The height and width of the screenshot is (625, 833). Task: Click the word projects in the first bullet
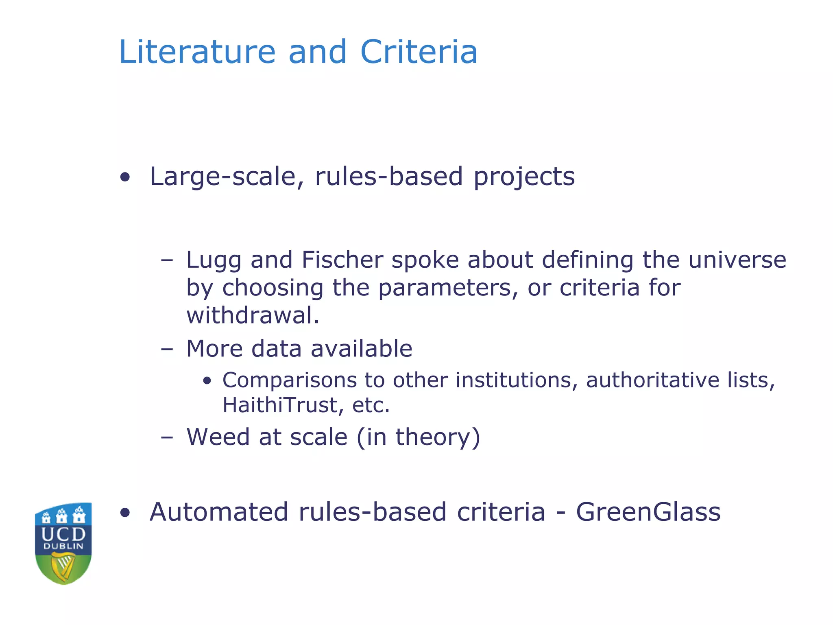[x=524, y=177]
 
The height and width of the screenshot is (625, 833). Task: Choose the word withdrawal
[x=253, y=315]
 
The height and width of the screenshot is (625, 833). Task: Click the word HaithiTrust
[x=280, y=405]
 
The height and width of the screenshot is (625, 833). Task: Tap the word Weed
[x=218, y=437]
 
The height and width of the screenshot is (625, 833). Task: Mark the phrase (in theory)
[x=419, y=437]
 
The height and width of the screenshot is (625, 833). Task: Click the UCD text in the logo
[x=63, y=533]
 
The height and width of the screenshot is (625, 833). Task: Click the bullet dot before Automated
[x=125, y=513]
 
